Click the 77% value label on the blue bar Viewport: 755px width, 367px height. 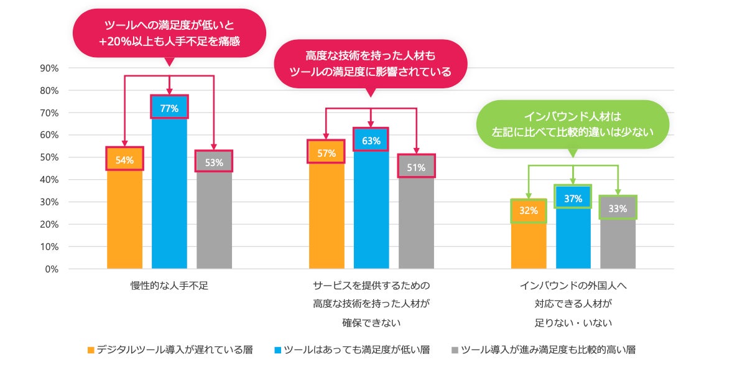pyautogui.click(x=169, y=108)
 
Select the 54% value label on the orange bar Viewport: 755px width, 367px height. pyautogui.click(x=124, y=160)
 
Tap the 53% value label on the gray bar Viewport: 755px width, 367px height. pyautogui.click(x=214, y=163)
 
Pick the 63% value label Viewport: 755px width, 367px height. pyautogui.click(x=371, y=141)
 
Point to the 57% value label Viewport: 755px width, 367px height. pyautogui.click(x=327, y=153)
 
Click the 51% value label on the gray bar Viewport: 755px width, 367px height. pyautogui.click(x=416, y=167)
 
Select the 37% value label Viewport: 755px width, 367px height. pyautogui.click(x=573, y=198)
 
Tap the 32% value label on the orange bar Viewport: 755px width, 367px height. pyautogui.click(x=529, y=211)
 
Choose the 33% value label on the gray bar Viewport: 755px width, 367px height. pyautogui.click(x=618, y=208)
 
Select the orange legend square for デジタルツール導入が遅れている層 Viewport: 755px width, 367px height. pyautogui.click(x=91, y=350)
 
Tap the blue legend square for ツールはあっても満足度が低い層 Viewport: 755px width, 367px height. pyautogui.click(x=277, y=350)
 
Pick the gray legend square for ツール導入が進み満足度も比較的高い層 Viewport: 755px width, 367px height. pyautogui.click(x=455, y=350)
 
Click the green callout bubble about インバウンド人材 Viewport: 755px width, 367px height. pyautogui.click(x=573, y=124)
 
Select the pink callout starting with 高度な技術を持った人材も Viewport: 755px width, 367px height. pyautogui.click(x=371, y=63)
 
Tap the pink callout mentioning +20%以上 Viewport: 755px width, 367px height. pyautogui.click(x=169, y=34)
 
